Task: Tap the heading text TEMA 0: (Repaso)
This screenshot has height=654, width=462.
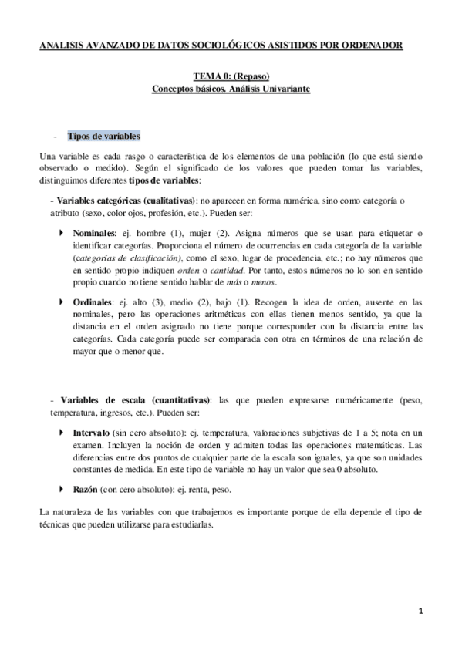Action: [x=230, y=78]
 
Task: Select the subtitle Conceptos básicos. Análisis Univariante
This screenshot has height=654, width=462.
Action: [x=231, y=90]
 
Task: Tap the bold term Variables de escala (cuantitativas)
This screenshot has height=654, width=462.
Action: [x=130, y=401]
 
